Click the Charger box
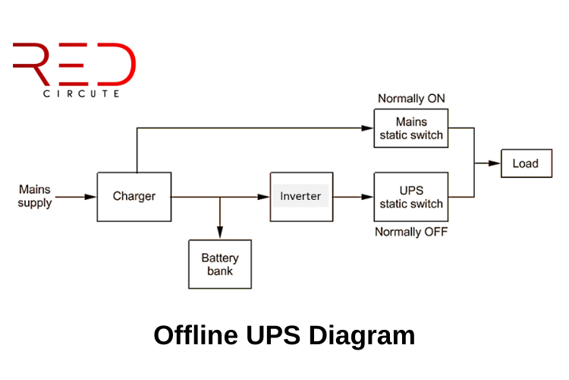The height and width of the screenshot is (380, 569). pos(134,197)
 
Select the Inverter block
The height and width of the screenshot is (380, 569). pos(300,196)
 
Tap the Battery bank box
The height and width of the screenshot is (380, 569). pos(219,264)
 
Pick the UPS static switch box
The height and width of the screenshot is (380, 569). pos(411,197)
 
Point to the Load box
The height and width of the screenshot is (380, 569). pos(525,163)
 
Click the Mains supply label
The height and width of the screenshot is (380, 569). pos(35,196)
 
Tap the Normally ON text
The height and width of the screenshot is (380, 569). pos(411,99)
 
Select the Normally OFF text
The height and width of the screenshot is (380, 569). pos(411,231)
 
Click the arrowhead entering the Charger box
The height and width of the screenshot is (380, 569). pos(91,197)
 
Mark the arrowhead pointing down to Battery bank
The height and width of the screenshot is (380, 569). pos(220,233)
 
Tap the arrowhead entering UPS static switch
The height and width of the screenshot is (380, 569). pos(368,197)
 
